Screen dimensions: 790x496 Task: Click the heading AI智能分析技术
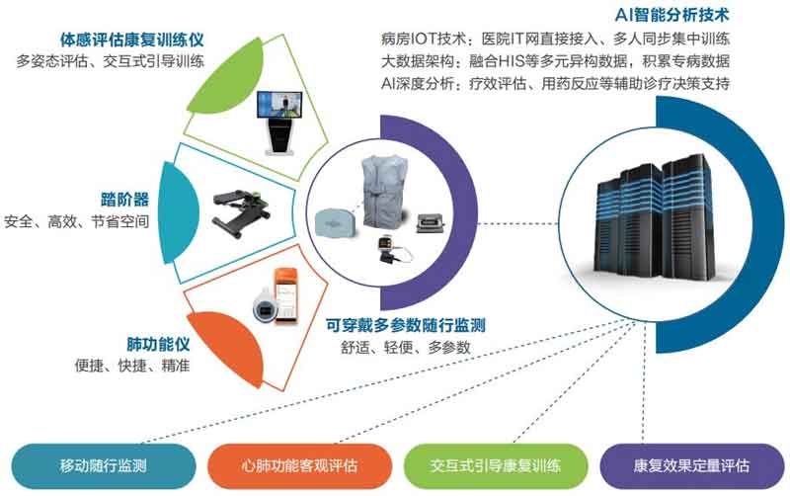click(x=671, y=15)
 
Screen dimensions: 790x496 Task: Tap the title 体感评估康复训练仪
click(x=132, y=39)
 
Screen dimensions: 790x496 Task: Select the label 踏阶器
click(x=124, y=200)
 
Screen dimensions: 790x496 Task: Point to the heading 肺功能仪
click(x=158, y=344)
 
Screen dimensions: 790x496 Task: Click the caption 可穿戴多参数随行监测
click(x=406, y=325)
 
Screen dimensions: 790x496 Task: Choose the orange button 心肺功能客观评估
click(x=299, y=465)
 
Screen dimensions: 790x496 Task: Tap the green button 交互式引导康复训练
click(x=496, y=465)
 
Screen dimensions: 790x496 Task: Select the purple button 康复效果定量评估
click(x=692, y=465)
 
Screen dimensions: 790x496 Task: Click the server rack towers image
click(x=655, y=215)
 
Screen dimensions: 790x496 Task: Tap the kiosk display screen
click(x=279, y=108)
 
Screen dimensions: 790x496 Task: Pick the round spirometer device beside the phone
click(x=264, y=305)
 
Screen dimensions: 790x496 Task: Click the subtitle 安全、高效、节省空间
click(x=77, y=221)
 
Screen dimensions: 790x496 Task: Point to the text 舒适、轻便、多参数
click(x=406, y=347)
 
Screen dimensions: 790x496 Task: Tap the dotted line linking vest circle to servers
click(x=517, y=223)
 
